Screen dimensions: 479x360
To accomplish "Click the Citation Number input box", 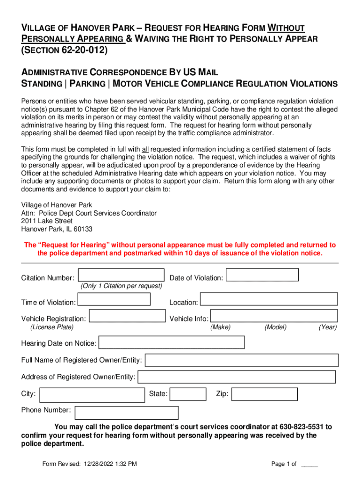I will click(121, 275).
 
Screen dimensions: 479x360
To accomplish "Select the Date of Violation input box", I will click(262, 275).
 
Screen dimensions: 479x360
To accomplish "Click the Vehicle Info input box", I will click(274, 316).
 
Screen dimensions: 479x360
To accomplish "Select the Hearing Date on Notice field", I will click(171, 342).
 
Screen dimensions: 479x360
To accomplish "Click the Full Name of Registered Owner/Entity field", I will click(242, 360).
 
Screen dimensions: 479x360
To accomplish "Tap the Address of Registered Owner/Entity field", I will click(237, 377).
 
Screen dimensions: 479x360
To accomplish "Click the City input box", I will click(93, 395).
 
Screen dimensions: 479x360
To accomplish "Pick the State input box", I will click(188, 394).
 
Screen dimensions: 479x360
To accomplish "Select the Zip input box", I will click(265, 394).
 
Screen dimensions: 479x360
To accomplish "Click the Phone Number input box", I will click(126, 413).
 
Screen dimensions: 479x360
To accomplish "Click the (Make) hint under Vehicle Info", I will click(220, 327).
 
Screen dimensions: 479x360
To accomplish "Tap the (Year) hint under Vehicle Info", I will click(328, 327).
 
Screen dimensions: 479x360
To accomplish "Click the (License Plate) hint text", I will click(51, 327).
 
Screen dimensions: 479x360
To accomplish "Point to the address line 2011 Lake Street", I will click(47, 221).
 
